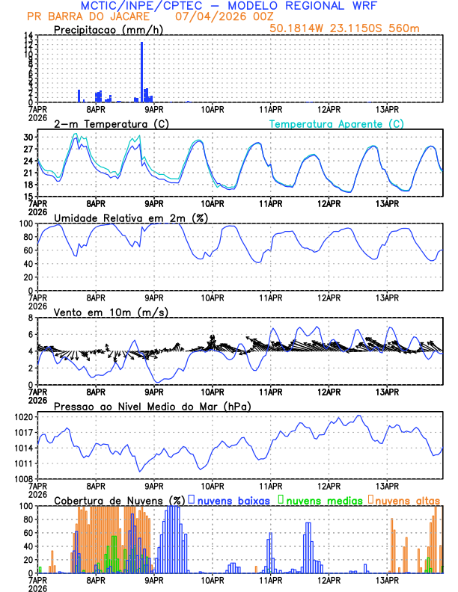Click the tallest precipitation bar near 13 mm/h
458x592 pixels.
(x=141, y=72)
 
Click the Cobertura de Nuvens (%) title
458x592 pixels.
(x=120, y=500)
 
